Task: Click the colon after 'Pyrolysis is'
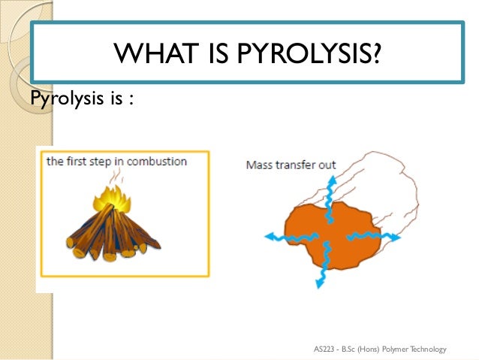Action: [130, 98]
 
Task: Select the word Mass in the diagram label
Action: [259, 165]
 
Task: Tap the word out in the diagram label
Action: [327, 165]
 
